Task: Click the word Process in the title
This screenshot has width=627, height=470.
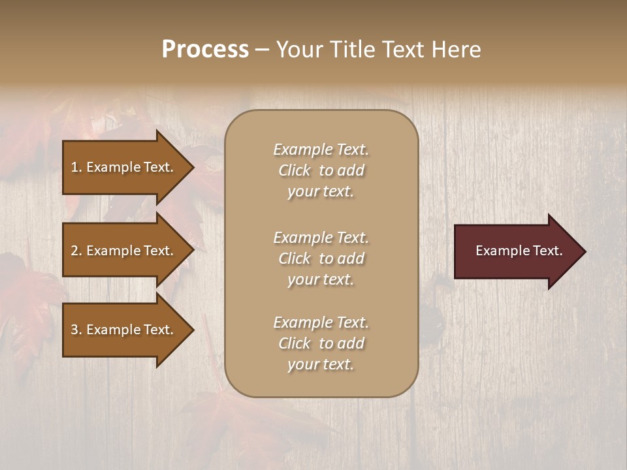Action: point(205,50)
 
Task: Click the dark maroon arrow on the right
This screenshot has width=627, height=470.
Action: point(516,251)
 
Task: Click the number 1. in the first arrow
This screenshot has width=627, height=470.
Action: point(76,167)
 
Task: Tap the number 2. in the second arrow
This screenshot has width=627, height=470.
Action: point(76,251)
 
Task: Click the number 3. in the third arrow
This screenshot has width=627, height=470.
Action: point(76,330)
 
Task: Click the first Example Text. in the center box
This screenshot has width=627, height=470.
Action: point(321,149)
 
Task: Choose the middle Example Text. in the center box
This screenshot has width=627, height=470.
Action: point(321,238)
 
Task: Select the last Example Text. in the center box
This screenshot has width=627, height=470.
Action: point(321,322)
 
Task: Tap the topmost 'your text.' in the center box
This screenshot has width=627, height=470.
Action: point(321,192)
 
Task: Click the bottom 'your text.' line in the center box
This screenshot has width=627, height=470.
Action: point(321,365)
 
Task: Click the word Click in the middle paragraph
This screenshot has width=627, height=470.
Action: point(295,259)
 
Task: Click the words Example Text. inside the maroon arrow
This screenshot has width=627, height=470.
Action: point(519,251)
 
